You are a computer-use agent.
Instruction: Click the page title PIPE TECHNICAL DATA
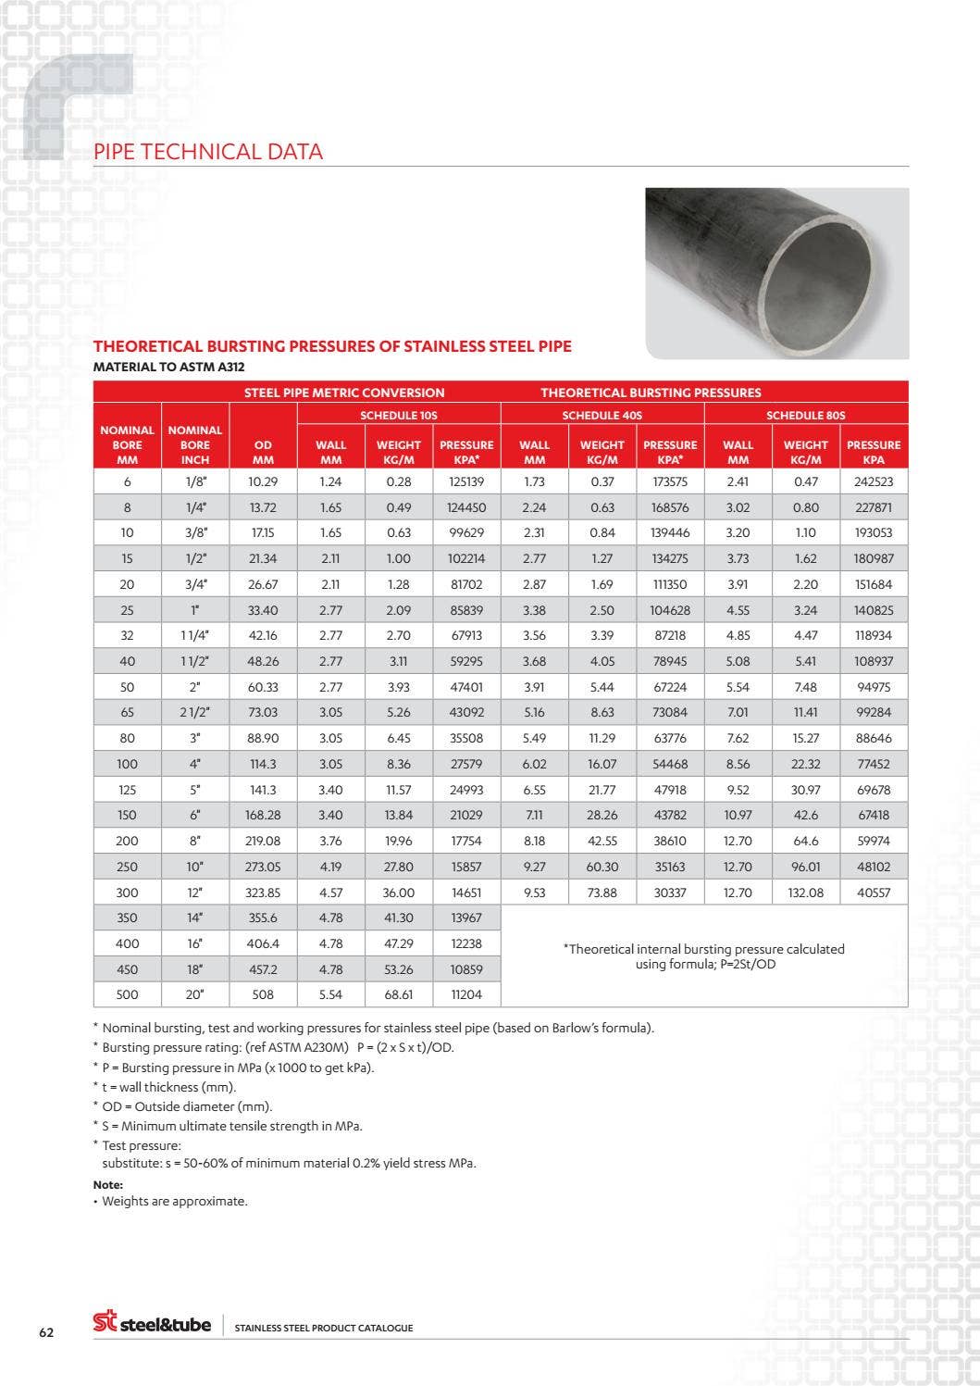208,152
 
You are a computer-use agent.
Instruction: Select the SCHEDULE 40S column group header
602,415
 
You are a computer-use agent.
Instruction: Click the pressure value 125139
466,481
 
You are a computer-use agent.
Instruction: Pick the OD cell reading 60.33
263,687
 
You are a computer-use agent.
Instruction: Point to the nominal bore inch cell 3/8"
195,532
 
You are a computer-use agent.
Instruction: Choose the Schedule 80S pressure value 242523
874,481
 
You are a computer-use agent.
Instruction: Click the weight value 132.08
805,893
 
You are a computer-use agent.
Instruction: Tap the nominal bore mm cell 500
127,994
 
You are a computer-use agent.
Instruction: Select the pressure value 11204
466,994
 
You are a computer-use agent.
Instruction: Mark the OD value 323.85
263,893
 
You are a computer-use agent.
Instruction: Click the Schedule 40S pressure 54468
670,764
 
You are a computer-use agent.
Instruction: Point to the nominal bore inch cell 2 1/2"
195,712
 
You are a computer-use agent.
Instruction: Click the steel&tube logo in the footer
153,1323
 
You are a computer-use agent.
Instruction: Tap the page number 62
46,1332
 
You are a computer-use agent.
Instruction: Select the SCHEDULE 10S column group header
399,415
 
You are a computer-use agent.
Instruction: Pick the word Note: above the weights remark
108,1184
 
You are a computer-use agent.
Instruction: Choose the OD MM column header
263,452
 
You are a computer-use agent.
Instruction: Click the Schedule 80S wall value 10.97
738,815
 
